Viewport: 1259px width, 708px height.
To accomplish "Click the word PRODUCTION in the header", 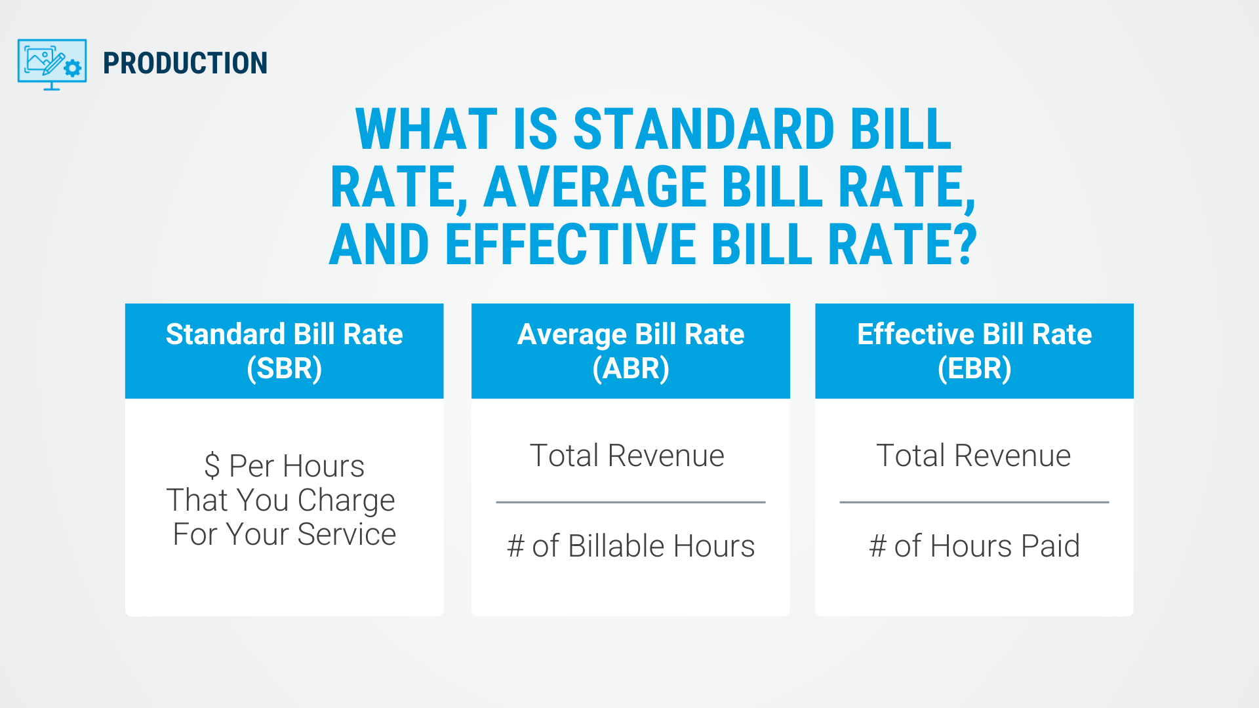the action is tap(185, 64).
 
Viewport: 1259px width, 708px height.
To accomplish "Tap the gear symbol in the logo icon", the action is tap(73, 68).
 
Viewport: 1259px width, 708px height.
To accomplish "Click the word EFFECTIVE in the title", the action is tap(570, 244).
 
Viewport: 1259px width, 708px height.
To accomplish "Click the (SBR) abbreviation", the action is tap(285, 368).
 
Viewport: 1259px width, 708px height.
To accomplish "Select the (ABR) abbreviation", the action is tap(631, 368).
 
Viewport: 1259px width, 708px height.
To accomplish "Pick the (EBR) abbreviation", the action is tap(974, 368).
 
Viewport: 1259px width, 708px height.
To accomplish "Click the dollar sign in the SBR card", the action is tap(212, 466).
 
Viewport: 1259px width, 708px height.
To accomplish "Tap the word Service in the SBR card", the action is tap(347, 534).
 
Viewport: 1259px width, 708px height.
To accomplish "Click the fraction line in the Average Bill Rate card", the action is tap(631, 502).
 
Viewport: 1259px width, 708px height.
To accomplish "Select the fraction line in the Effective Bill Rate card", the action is tap(974, 502).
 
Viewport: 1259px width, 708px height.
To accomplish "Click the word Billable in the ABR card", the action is tap(616, 545).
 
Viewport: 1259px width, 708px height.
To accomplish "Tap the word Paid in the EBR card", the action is tap(1050, 545).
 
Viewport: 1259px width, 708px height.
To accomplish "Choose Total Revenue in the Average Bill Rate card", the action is tap(627, 456).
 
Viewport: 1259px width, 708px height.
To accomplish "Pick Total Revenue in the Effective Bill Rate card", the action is tap(974, 456).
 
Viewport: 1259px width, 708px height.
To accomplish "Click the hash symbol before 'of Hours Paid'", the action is tap(878, 546).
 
